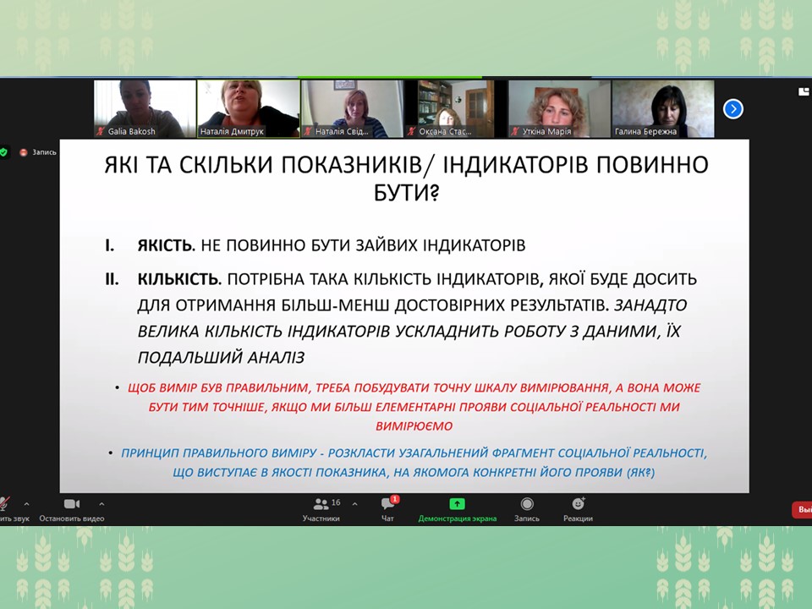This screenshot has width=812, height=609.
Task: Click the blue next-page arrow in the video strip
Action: point(732,109)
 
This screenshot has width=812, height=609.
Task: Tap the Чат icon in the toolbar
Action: point(388,503)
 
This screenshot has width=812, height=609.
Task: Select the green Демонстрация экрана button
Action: point(457,504)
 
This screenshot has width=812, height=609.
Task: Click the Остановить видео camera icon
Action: point(71,504)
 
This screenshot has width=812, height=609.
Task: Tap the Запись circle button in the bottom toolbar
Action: point(527,504)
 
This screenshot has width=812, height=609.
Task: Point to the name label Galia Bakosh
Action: point(132,132)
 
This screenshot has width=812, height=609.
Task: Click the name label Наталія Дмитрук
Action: point(232,132)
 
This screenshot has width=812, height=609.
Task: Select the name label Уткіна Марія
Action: point(547,132)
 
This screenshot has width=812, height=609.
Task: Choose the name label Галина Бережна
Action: point(645,132)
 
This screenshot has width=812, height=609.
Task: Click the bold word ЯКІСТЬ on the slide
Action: point(165,245)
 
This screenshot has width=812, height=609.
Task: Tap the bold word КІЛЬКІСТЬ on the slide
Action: point(178,279)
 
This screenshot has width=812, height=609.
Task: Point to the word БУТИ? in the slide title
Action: point(406,193)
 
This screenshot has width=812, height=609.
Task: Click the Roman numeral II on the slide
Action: point(112,279)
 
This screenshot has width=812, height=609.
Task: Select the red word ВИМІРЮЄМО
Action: point(414,426)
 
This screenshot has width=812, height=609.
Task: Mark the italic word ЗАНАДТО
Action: point(650,305)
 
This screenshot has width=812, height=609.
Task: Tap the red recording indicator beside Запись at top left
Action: point(24,152)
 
